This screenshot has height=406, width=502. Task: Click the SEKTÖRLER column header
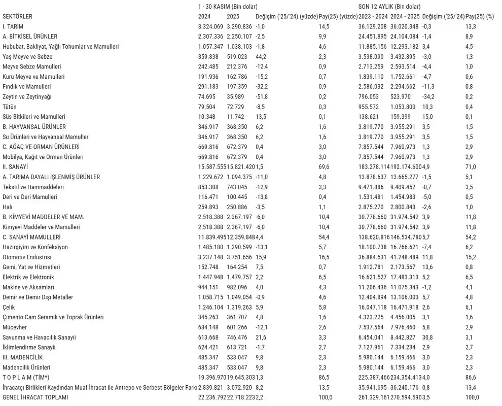tap(17, 16)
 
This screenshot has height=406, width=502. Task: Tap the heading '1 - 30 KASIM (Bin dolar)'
tap(227, 7)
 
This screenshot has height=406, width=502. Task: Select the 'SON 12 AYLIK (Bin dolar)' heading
tap(389, 7)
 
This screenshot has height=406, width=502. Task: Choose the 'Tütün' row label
tap(10, 107)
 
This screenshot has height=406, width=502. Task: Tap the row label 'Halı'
tap(7, 207)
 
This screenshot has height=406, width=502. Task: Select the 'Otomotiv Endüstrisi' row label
tap(28, 257)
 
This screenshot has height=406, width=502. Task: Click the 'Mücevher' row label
tap(15, 327)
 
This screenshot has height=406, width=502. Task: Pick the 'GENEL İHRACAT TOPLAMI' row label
tap(35, 397)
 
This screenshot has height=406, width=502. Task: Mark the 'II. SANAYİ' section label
tap(15, 166)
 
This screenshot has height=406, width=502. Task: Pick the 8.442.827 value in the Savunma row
tap(404, 337)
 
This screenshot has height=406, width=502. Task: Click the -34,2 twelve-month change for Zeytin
tap(429, 96)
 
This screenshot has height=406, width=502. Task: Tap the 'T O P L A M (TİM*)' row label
tap(29, 378)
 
